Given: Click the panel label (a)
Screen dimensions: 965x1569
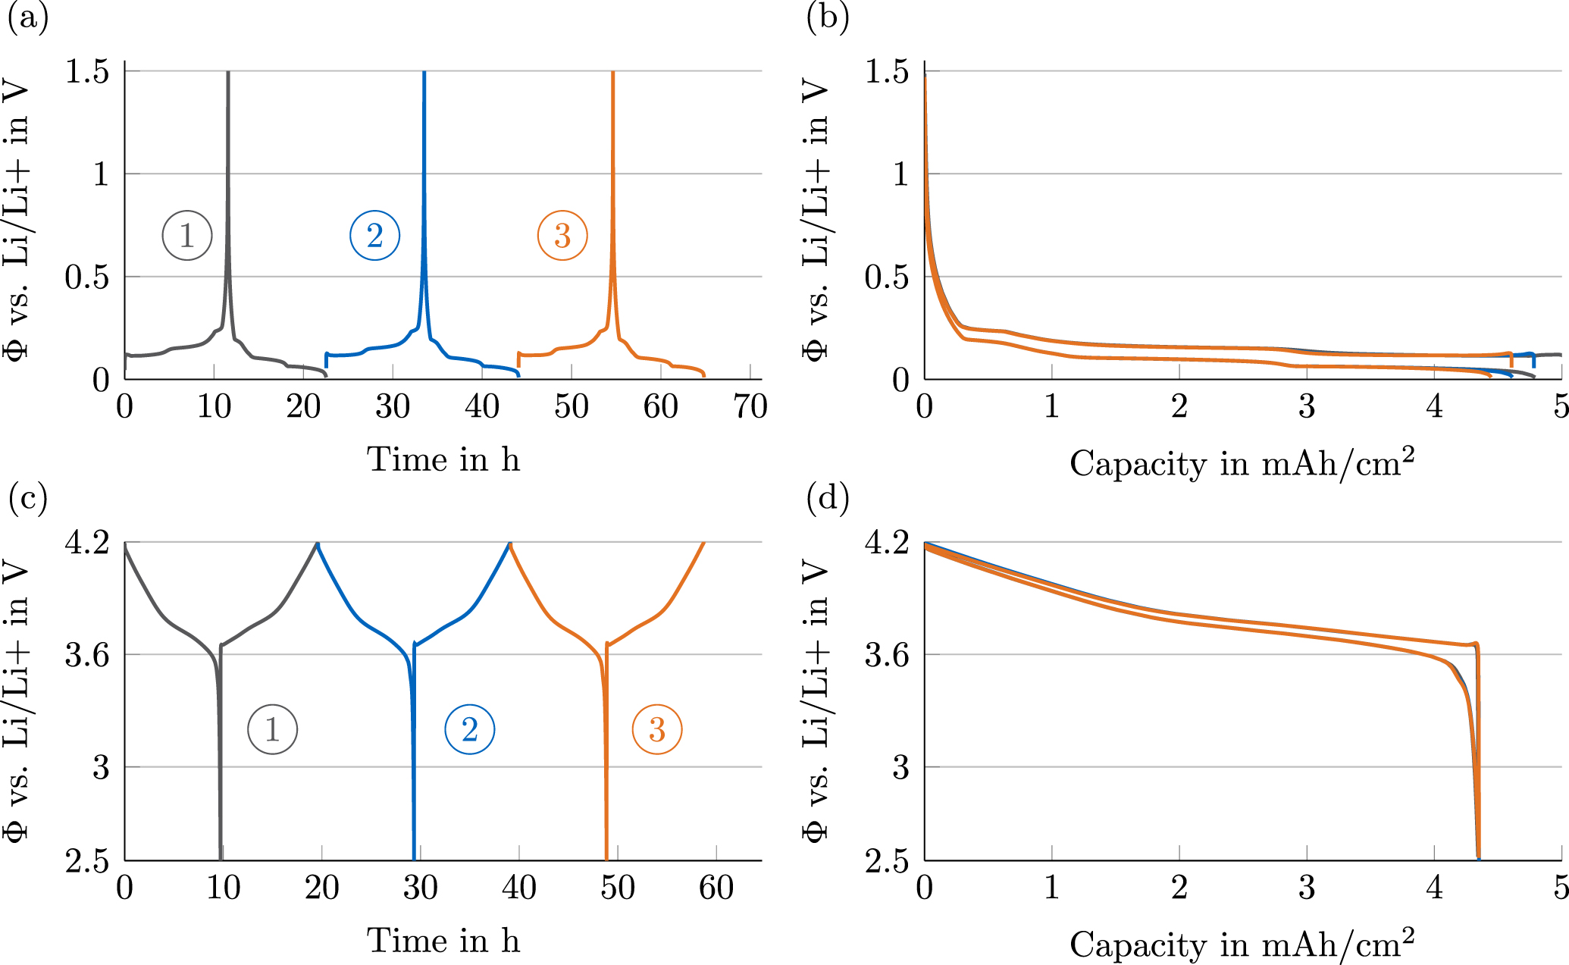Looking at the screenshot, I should tap(27, 18).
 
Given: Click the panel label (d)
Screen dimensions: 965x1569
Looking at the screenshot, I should tap(828, 499).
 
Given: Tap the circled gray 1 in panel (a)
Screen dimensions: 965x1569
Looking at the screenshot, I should tap(186, 236).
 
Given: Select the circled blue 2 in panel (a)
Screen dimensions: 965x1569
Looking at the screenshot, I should tap(374, 236).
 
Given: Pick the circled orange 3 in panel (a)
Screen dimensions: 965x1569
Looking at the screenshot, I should tap(562, 236).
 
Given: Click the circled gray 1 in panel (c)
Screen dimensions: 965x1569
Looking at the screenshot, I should tap(272, 729).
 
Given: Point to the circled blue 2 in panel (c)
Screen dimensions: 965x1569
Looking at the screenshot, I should tap(469, 729).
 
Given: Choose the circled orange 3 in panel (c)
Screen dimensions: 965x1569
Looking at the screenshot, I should tap(657, 729).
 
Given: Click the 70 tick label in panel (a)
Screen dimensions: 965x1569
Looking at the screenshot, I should tap(750, 407).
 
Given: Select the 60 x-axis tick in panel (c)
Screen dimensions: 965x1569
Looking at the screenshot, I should tap(716, 888).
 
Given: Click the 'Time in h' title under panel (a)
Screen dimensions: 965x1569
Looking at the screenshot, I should tap(443, 459).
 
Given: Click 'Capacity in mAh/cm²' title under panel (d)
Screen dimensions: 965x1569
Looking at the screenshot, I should tap(1242, 945).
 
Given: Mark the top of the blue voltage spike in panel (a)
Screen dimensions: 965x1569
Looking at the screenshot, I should tap(424, 74).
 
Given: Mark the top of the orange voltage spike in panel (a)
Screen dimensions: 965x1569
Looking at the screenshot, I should tap(612, 74).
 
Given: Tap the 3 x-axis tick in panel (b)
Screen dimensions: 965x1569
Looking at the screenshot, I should tap(1307, 407).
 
